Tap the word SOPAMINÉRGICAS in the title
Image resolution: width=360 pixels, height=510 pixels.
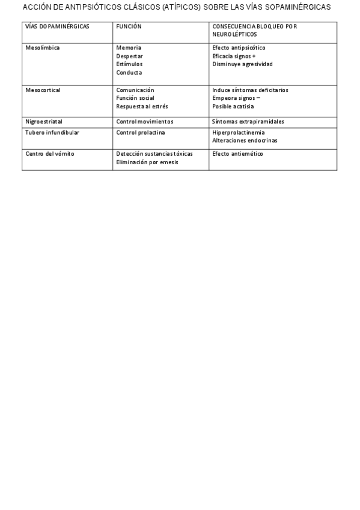tap(296, 8)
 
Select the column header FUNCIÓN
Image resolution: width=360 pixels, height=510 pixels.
tap(129, 27)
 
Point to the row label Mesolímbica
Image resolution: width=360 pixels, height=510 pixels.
tap(43, 48)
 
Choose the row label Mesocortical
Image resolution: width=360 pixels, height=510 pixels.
tap(43, 90)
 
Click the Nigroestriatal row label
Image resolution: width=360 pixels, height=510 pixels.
tap(44, 121)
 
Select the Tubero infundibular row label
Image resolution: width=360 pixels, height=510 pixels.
tap(52, 132)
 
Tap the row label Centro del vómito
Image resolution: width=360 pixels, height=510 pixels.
tap(50, 154)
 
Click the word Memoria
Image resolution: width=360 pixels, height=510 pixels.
tap(129, 48)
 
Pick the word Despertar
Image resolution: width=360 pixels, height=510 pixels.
tap(130, 56)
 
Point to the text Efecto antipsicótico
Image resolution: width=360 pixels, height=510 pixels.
tap(239, 48)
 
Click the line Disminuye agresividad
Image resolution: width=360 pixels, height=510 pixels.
tap(242, 64)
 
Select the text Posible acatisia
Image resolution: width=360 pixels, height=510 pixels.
tap(233, 106)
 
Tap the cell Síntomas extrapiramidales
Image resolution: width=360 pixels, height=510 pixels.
tap(248, 121)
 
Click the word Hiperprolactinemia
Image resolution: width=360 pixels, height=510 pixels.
tap(239, 132)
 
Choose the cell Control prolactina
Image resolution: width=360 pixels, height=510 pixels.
tap(141, 132)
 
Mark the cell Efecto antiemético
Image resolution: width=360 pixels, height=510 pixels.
tap(237, 154)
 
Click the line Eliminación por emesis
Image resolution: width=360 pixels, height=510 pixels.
tap(147, 162)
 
